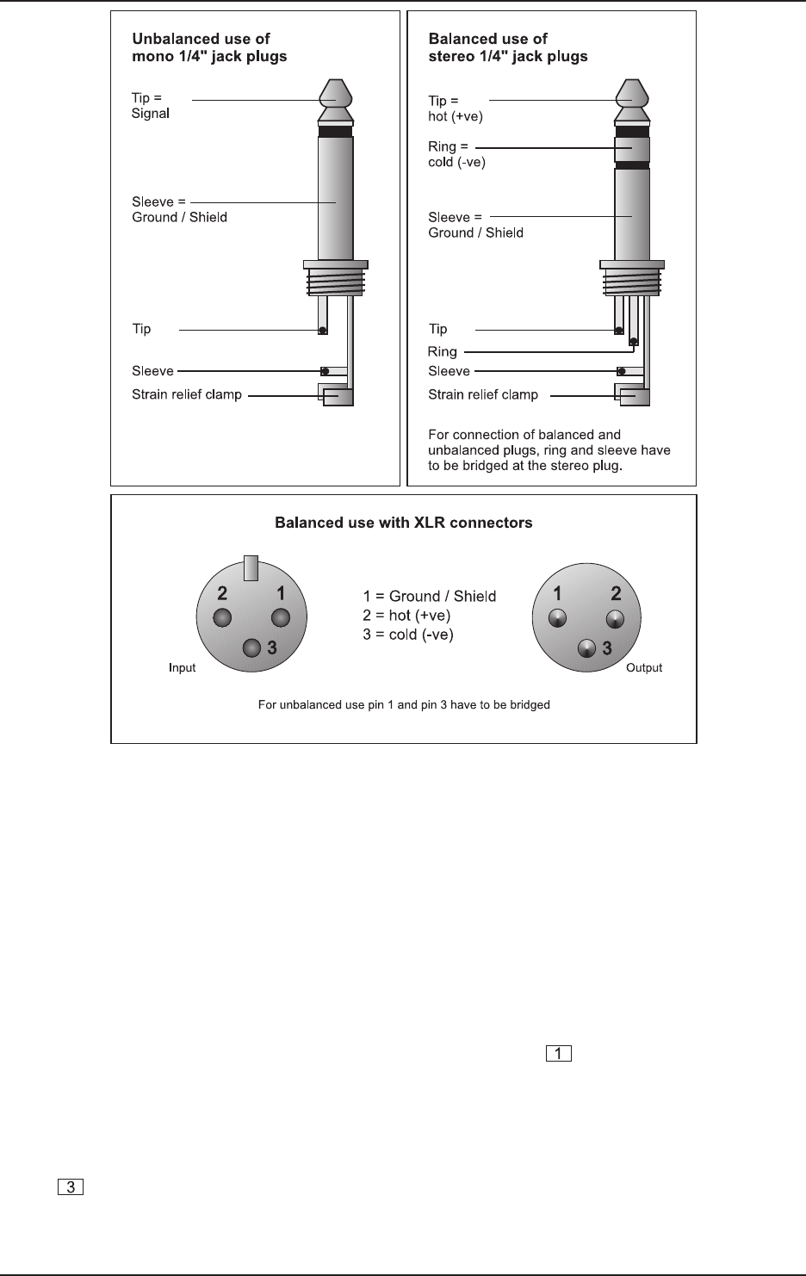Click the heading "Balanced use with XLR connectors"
coord(403,523)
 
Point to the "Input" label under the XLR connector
coord(182,668)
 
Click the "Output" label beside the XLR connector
coord(644,668)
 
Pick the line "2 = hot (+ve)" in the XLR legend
coord(406,616)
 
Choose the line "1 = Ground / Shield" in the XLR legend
coord(429,596)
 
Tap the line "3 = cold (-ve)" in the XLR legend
coord(407,635)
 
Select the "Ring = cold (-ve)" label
coord(456,154)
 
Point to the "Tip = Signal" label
coord(151,106)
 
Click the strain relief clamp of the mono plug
coord(337,396)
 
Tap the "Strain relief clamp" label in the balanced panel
coord(483,395)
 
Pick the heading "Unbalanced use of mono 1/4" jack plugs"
coord(209,47)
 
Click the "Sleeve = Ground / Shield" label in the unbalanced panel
coord(179,210)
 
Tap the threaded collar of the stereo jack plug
coord(632,281)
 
